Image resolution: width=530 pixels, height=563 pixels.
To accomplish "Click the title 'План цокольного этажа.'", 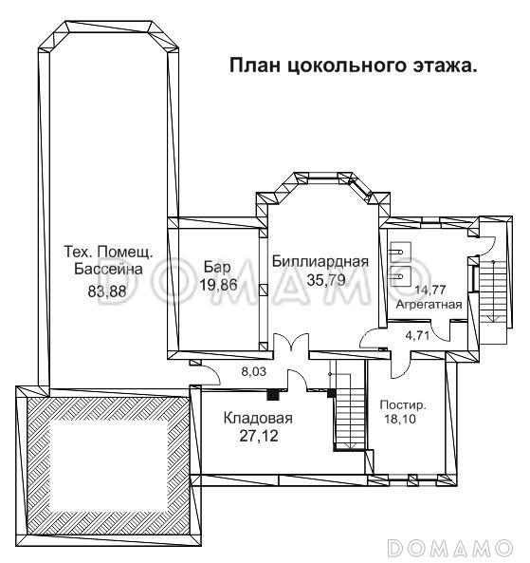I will click(353, 66).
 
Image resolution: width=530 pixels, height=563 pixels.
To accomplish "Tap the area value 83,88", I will click(107, 291).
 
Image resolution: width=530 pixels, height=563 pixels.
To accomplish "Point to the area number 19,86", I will click(218, 284).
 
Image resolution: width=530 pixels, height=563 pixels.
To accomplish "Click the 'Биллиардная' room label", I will click(319, 261).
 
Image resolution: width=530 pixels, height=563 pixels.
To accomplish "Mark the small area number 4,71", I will click(418, 334).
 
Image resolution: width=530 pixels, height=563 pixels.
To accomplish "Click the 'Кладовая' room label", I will click(258, 418).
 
